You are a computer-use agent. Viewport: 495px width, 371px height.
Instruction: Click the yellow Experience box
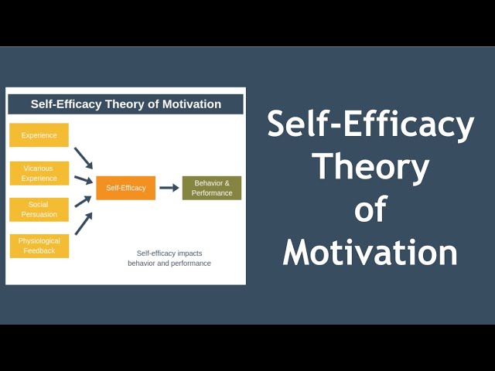pyautogui.click(x=39, y=135)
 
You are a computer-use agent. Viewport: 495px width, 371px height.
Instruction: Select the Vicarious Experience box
pyautogui.click(x=39, y=173)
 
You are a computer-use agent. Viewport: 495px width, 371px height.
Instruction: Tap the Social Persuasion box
pyautogui.click(x=39, y=209)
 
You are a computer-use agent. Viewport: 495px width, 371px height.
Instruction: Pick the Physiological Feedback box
pyautogui.click(x=39, y=246)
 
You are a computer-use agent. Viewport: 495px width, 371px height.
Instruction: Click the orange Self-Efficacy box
pyautogui.click(x=125, y=188)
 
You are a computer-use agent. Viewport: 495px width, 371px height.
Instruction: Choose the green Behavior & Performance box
pyautogui.click(x=211, y=188)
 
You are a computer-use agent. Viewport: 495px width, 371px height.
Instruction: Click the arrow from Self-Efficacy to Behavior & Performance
pyautogui.click(x=169, y=188)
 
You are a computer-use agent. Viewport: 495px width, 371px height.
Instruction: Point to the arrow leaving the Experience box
pyautogui.click(x=84, y=158)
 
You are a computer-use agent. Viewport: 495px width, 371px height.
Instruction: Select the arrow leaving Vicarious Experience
pyautogui.click(x=83, y=179)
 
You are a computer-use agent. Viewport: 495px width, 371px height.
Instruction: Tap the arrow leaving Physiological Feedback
pyautogui.click(x=84, y=223)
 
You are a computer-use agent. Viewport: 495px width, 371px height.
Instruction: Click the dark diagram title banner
pyautogui.click(x=125, y=104)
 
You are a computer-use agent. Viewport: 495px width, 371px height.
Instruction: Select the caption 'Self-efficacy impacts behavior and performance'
pyautogui.click(x=169, y=258)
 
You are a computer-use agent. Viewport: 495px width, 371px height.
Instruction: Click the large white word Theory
pyautogui.click(x=370, y=166)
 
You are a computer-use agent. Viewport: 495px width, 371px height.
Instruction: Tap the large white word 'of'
pyautogui.click(x=370, y=209)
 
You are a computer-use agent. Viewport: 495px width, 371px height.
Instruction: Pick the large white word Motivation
pyautogui.click(x=370, y=252)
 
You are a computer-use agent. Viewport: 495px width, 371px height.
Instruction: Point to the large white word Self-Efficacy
pyautogui.click(x=370, y=124)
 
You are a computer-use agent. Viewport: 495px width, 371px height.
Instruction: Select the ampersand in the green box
pyautogui.click(x=227, y=183)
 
